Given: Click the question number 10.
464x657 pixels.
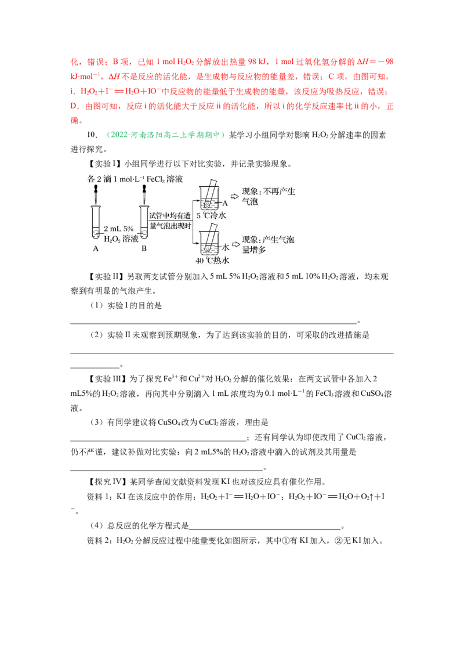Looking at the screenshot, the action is tap(92, 135).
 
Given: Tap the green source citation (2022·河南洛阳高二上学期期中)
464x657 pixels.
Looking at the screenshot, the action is tap(165, 135).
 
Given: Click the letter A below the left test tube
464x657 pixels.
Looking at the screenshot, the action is tap(96, 248).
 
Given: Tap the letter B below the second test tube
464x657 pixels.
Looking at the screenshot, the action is tap(144, 248).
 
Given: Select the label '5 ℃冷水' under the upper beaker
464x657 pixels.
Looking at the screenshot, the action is tap(212, 215).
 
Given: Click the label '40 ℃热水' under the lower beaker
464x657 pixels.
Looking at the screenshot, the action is tap(212, 260).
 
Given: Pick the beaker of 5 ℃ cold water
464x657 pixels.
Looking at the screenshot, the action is tap(209, 198).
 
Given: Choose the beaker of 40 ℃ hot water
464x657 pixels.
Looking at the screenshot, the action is tap(209, 243).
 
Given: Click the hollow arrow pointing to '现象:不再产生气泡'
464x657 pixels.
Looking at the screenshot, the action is tap(234, 196).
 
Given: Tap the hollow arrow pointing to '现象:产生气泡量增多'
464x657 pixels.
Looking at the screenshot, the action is tap(235, 244).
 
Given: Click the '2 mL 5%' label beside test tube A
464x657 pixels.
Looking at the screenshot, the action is tap(118, 229).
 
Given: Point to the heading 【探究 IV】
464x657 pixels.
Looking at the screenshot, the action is tap(107, 482).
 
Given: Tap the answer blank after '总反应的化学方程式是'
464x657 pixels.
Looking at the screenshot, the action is tap(264, 529).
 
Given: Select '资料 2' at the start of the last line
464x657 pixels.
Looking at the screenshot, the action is tap(94, 540).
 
